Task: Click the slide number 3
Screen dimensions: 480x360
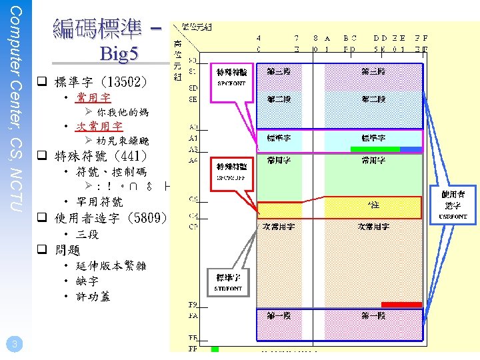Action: point(14,344)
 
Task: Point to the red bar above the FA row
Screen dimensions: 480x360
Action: point(401,305)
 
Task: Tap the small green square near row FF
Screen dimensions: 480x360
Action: point(215,349)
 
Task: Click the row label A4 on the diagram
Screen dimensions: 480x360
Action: point(193,160)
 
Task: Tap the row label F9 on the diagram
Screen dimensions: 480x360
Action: point(193,305)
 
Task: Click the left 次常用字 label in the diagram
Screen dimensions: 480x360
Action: point(279,227)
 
